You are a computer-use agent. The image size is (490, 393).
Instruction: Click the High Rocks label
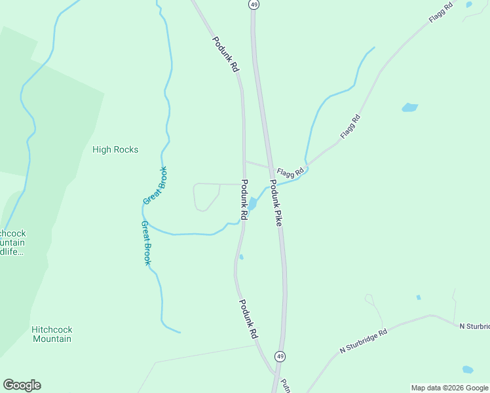coord(115,149)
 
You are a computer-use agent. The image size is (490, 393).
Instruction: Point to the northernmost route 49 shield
coord(254,4)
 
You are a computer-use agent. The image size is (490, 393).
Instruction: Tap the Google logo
coord(22,385)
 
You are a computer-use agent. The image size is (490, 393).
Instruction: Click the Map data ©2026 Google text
coord(449,388)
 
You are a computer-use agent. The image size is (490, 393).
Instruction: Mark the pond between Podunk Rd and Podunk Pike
coord(252,204)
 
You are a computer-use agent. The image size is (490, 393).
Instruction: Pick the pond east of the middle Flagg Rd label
coord(409,107)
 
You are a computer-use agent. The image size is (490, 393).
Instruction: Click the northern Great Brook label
coord(155,185)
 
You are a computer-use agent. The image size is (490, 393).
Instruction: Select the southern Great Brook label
coord(146,242)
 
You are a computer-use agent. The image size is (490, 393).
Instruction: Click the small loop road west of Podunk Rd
coord(206,197)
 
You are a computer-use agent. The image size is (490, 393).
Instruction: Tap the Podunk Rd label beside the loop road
coord(244,199)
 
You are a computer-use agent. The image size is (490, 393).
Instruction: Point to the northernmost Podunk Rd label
coord(225,54)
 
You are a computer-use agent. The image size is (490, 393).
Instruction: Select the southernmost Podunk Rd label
coord(248,318)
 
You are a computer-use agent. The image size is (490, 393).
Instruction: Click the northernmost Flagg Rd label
coord(441,13)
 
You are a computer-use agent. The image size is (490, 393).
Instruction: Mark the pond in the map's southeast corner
coord(468,369)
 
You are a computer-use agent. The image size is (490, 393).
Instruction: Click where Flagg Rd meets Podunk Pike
coord(270,167)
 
